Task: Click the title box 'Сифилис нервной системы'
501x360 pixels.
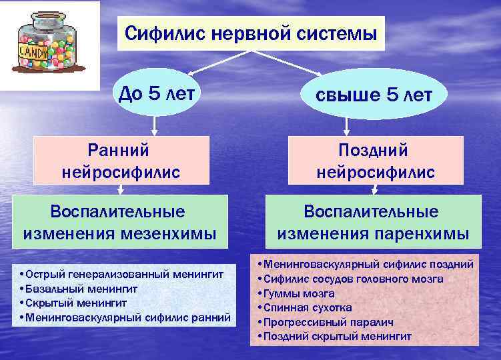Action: [251, 33]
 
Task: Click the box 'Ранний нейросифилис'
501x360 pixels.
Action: [121, 160]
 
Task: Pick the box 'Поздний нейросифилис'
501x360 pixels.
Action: [376, 160]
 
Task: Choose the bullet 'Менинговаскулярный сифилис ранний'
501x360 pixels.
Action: [127, 317]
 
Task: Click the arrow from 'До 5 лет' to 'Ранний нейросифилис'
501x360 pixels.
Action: [155, 125]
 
